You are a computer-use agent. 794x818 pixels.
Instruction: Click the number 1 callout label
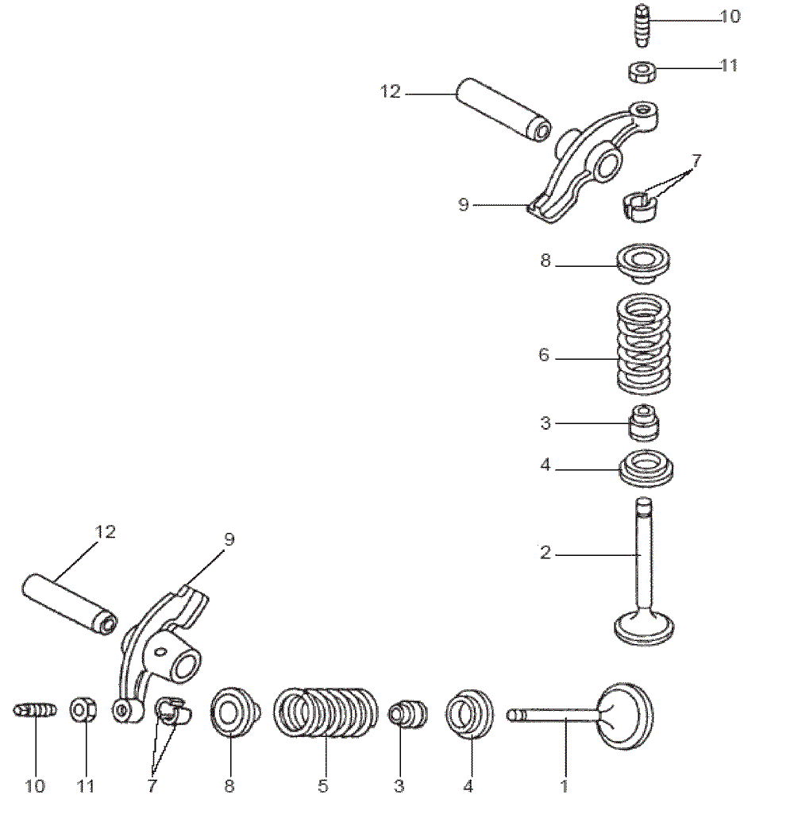[565, 786]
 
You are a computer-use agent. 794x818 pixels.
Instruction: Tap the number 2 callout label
[545, 554]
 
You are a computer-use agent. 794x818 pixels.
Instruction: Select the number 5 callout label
[323, 786]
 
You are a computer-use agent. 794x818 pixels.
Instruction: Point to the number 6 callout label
[544, 356]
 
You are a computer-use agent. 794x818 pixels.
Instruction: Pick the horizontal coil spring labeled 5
[326, 712]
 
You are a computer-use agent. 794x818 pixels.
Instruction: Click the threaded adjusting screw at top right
[644, 26]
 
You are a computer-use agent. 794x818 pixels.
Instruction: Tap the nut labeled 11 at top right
[642, 72]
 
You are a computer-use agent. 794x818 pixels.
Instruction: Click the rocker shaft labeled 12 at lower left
[70, 604]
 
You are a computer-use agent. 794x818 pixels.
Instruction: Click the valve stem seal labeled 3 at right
[644, 423]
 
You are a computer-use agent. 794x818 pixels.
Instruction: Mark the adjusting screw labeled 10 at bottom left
[36, 710]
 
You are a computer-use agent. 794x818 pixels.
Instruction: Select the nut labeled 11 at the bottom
[83, 709]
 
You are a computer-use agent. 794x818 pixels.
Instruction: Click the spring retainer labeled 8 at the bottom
[230, 711]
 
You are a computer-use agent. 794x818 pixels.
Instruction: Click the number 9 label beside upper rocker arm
[464, 205]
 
